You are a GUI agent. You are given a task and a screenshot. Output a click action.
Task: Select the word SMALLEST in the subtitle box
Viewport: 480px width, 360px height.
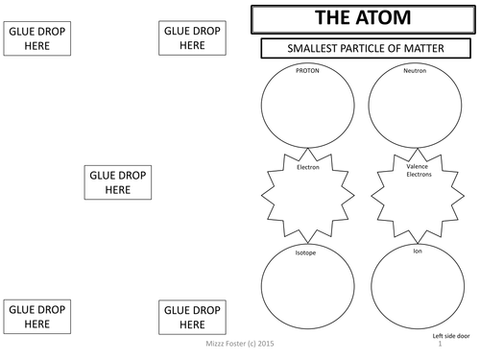(x=305, y=50)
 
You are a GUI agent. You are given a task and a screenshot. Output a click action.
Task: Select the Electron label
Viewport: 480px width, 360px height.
(x=308, y=168)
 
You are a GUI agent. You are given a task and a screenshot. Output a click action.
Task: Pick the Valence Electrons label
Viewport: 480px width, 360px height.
(x=419, y=171)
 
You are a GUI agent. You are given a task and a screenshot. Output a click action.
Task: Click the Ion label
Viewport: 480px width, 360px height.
(x=418, y=252)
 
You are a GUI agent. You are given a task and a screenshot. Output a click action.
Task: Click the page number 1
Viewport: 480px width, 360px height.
(x=439, y=346)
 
